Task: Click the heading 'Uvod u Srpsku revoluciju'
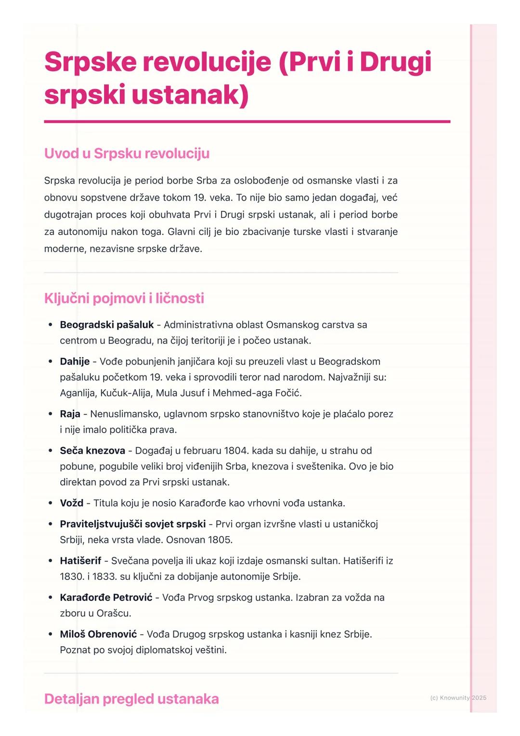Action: coord(127,154)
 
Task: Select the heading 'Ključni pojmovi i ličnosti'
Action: coord(124,299)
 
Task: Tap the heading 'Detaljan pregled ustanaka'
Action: coord(131,699)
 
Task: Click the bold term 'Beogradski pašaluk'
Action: coord(106,325)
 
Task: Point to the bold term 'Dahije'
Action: coord(75,362)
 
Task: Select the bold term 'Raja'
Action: coord(70,414)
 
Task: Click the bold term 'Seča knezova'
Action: coord(92,451)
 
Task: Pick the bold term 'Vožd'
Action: coord(71,503)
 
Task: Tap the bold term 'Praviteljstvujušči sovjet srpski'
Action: coord(132,524)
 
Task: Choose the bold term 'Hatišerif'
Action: coord(80,561)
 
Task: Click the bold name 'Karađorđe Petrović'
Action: coord(106,598)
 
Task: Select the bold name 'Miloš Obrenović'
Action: coord(98,634)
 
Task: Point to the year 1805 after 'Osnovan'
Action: coord(220,540)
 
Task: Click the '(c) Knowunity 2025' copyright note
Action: coord(458,697)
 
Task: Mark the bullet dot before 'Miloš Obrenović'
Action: coord(50,634)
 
